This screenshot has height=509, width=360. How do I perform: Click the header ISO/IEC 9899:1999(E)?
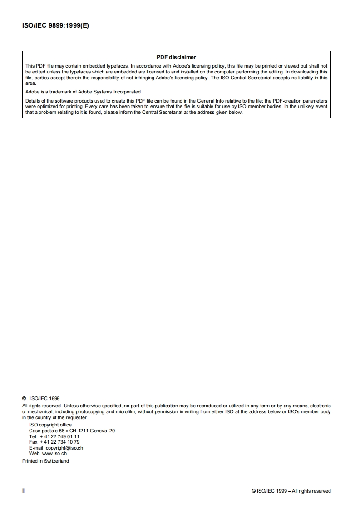point(55,26)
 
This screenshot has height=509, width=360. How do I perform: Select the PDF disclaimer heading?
point(176,57)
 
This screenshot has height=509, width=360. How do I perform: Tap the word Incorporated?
point(128,92)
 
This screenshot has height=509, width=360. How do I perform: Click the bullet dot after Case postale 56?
point(66,431)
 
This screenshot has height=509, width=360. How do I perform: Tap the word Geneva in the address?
point(99,431)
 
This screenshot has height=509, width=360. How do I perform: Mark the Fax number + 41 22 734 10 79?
point(59,442)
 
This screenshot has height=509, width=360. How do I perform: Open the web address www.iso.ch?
point(54,453)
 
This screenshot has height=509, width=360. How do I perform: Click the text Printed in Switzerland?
point(45,461)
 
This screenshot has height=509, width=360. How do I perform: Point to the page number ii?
point(24,491)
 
